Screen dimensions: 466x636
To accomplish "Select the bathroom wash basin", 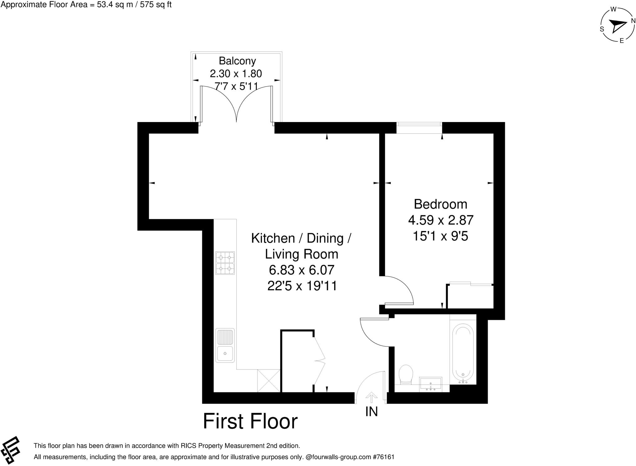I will pyautogui.click(x=430, y=384).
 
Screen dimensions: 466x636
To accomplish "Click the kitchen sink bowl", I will pyautogui.click(x=225, y=353).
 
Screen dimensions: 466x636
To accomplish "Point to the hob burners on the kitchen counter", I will pyautogui.click(x=225, y=263).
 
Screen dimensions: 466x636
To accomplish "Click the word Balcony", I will pyautogui.click(x=237, y=61).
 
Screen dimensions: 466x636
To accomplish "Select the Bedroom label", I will pyautogui.click(x=440, y=204).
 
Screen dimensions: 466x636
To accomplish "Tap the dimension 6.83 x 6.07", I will pyautogui.click(x=301, y=270).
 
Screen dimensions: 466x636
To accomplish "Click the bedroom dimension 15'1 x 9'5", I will pyautogui.click(x=440, y=237).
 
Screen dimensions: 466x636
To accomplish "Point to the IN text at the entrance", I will pyautogui.click(x=371, y=412).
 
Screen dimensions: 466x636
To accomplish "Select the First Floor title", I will pyautogui.click(x=250, y=421).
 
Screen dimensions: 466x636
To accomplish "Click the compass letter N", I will pyautogui.click(x=633, y=21).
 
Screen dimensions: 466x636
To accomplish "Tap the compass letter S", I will pyautogui.click(x=602, y=29).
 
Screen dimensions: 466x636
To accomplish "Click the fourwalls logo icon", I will pyautogui.click(x=11, y=450).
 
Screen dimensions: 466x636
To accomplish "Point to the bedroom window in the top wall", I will pyautogui.click(x=419, y=128).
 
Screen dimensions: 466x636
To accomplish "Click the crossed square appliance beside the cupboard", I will pyautogui.click(x=269, y=381).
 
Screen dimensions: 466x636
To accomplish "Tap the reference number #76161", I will pyautogui.click(x=384, y=457).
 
